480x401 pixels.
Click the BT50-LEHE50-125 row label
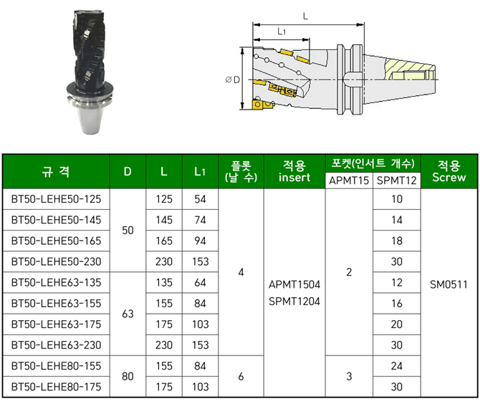click(x=56, y=199)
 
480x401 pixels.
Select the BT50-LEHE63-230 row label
click(x=56, y=345)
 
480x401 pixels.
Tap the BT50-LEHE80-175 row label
click(x=56, y=387)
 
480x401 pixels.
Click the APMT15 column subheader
click(x=349, y=180)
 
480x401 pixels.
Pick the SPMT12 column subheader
click(x=397, y=180)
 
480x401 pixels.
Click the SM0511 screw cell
click(x=448, y=285)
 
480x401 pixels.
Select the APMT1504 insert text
click(x=294, y=284)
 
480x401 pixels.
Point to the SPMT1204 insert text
click(x=294, y=301)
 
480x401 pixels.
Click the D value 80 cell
click(x=128, y=376)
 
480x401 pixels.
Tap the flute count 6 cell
click(x=241, y=376)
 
